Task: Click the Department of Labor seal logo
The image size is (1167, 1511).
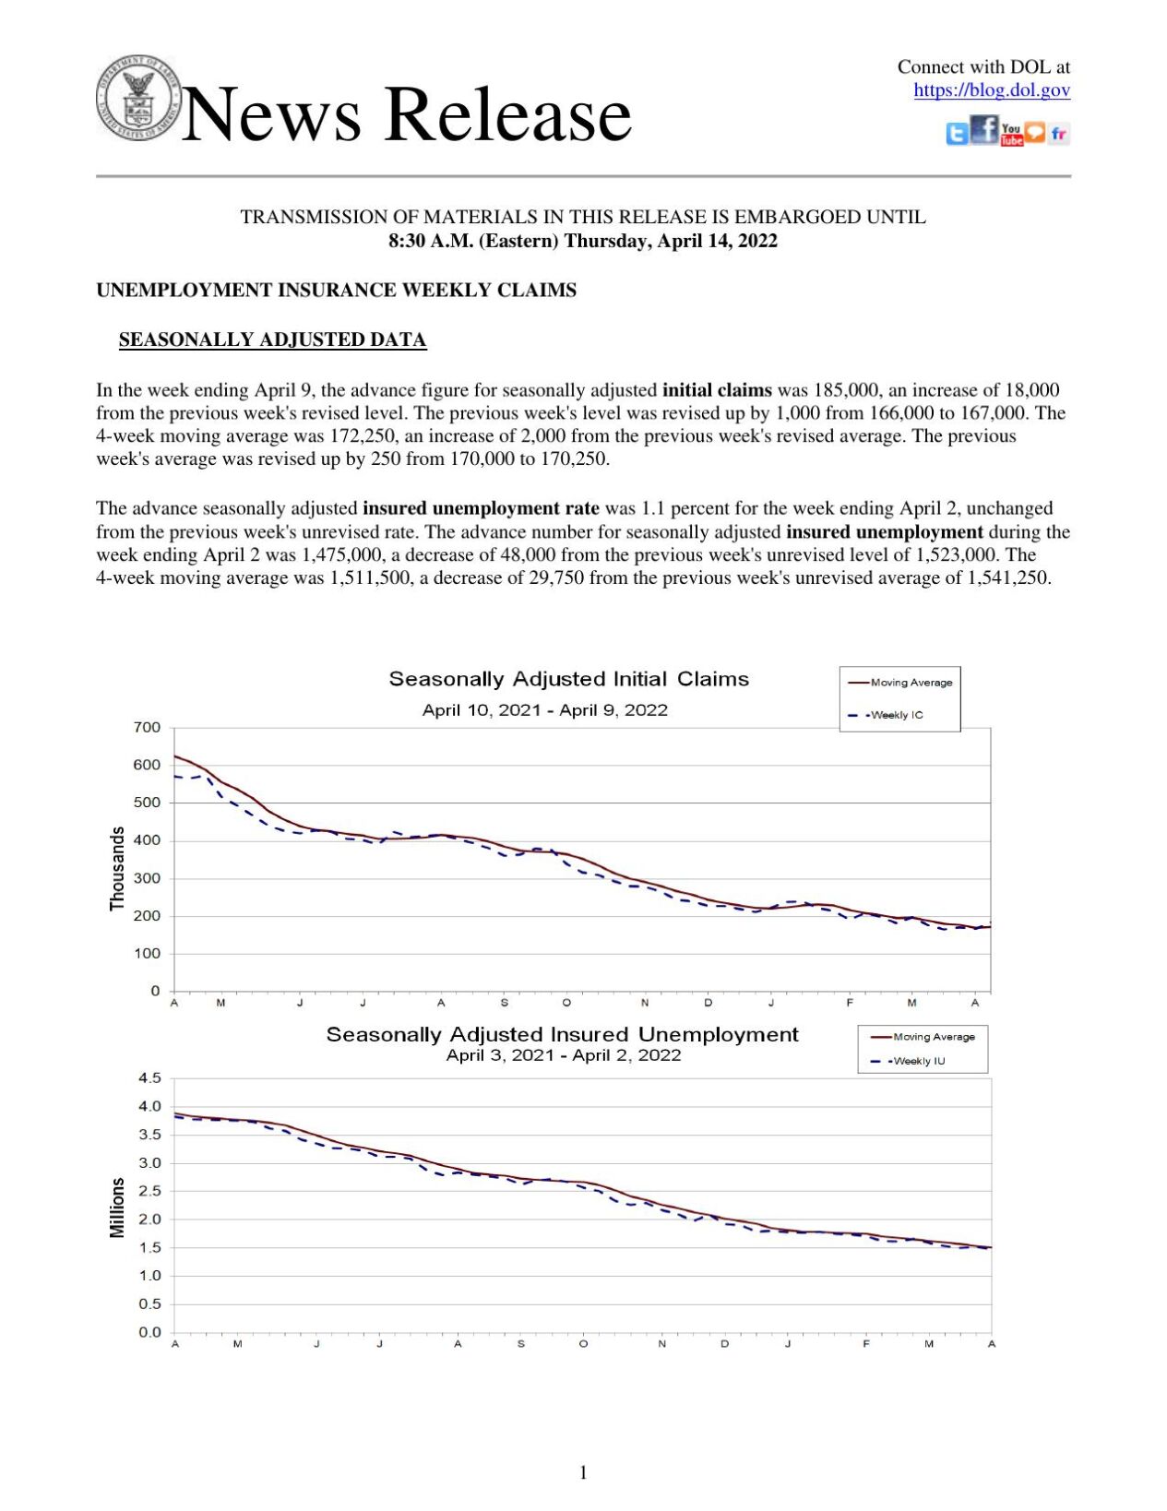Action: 137,98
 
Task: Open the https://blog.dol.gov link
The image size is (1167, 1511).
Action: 991,90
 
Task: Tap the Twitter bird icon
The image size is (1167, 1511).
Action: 957,135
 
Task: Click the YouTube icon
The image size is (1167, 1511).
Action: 1011,135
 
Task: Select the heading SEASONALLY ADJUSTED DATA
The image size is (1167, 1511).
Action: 272,339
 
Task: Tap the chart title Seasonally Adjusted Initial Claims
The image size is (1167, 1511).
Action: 568,679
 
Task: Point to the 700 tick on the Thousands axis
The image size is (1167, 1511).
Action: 148,727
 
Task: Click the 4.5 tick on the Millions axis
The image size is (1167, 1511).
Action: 149,1077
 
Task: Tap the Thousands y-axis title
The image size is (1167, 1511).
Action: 117,868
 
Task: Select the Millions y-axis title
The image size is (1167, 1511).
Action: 117,1207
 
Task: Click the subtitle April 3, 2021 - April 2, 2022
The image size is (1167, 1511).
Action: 563,1055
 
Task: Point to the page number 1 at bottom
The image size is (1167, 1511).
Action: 583,1472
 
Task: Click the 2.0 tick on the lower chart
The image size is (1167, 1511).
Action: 149,1219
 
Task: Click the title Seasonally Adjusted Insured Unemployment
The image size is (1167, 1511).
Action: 562,1034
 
